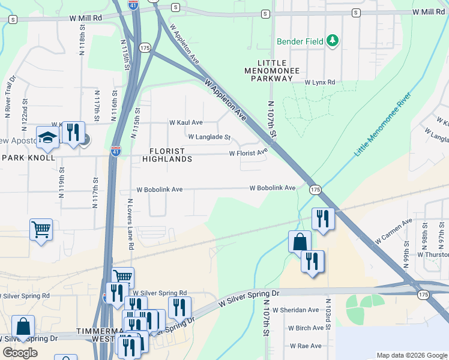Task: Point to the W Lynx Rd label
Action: pos(319,82)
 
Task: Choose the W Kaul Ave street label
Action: pos(185,122)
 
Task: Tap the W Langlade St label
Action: pos(209,137)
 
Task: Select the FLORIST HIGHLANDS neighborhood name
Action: pos(167,155)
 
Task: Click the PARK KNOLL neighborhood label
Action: pos(28,158)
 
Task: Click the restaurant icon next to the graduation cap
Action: pos(73,132)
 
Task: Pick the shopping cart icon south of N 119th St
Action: pos(41,230)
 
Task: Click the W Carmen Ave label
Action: pos(394,230)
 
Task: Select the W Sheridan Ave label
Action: pos(295,310)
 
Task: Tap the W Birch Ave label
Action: pos(306,328)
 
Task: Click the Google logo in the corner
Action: pos(20,353)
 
